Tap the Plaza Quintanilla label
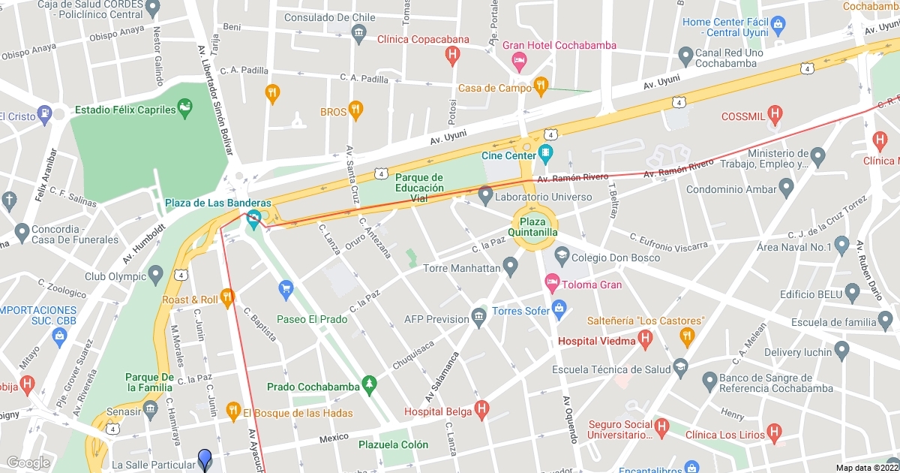[x=534, y=227]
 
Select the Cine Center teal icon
[x=545, y=155]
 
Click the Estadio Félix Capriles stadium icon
[x=184, y=110]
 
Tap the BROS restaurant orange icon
[x=355, y=112]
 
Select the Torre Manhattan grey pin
[x=511, y=267]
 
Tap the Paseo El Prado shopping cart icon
[x=285, y=288]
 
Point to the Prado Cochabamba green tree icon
[x=370, y=386]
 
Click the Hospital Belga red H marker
[x=481, y=411]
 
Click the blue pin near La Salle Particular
[x=205, y=459]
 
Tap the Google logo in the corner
[x=28, y=462]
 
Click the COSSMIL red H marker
[x=775, y=116]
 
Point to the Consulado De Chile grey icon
[x=358, y=32]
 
